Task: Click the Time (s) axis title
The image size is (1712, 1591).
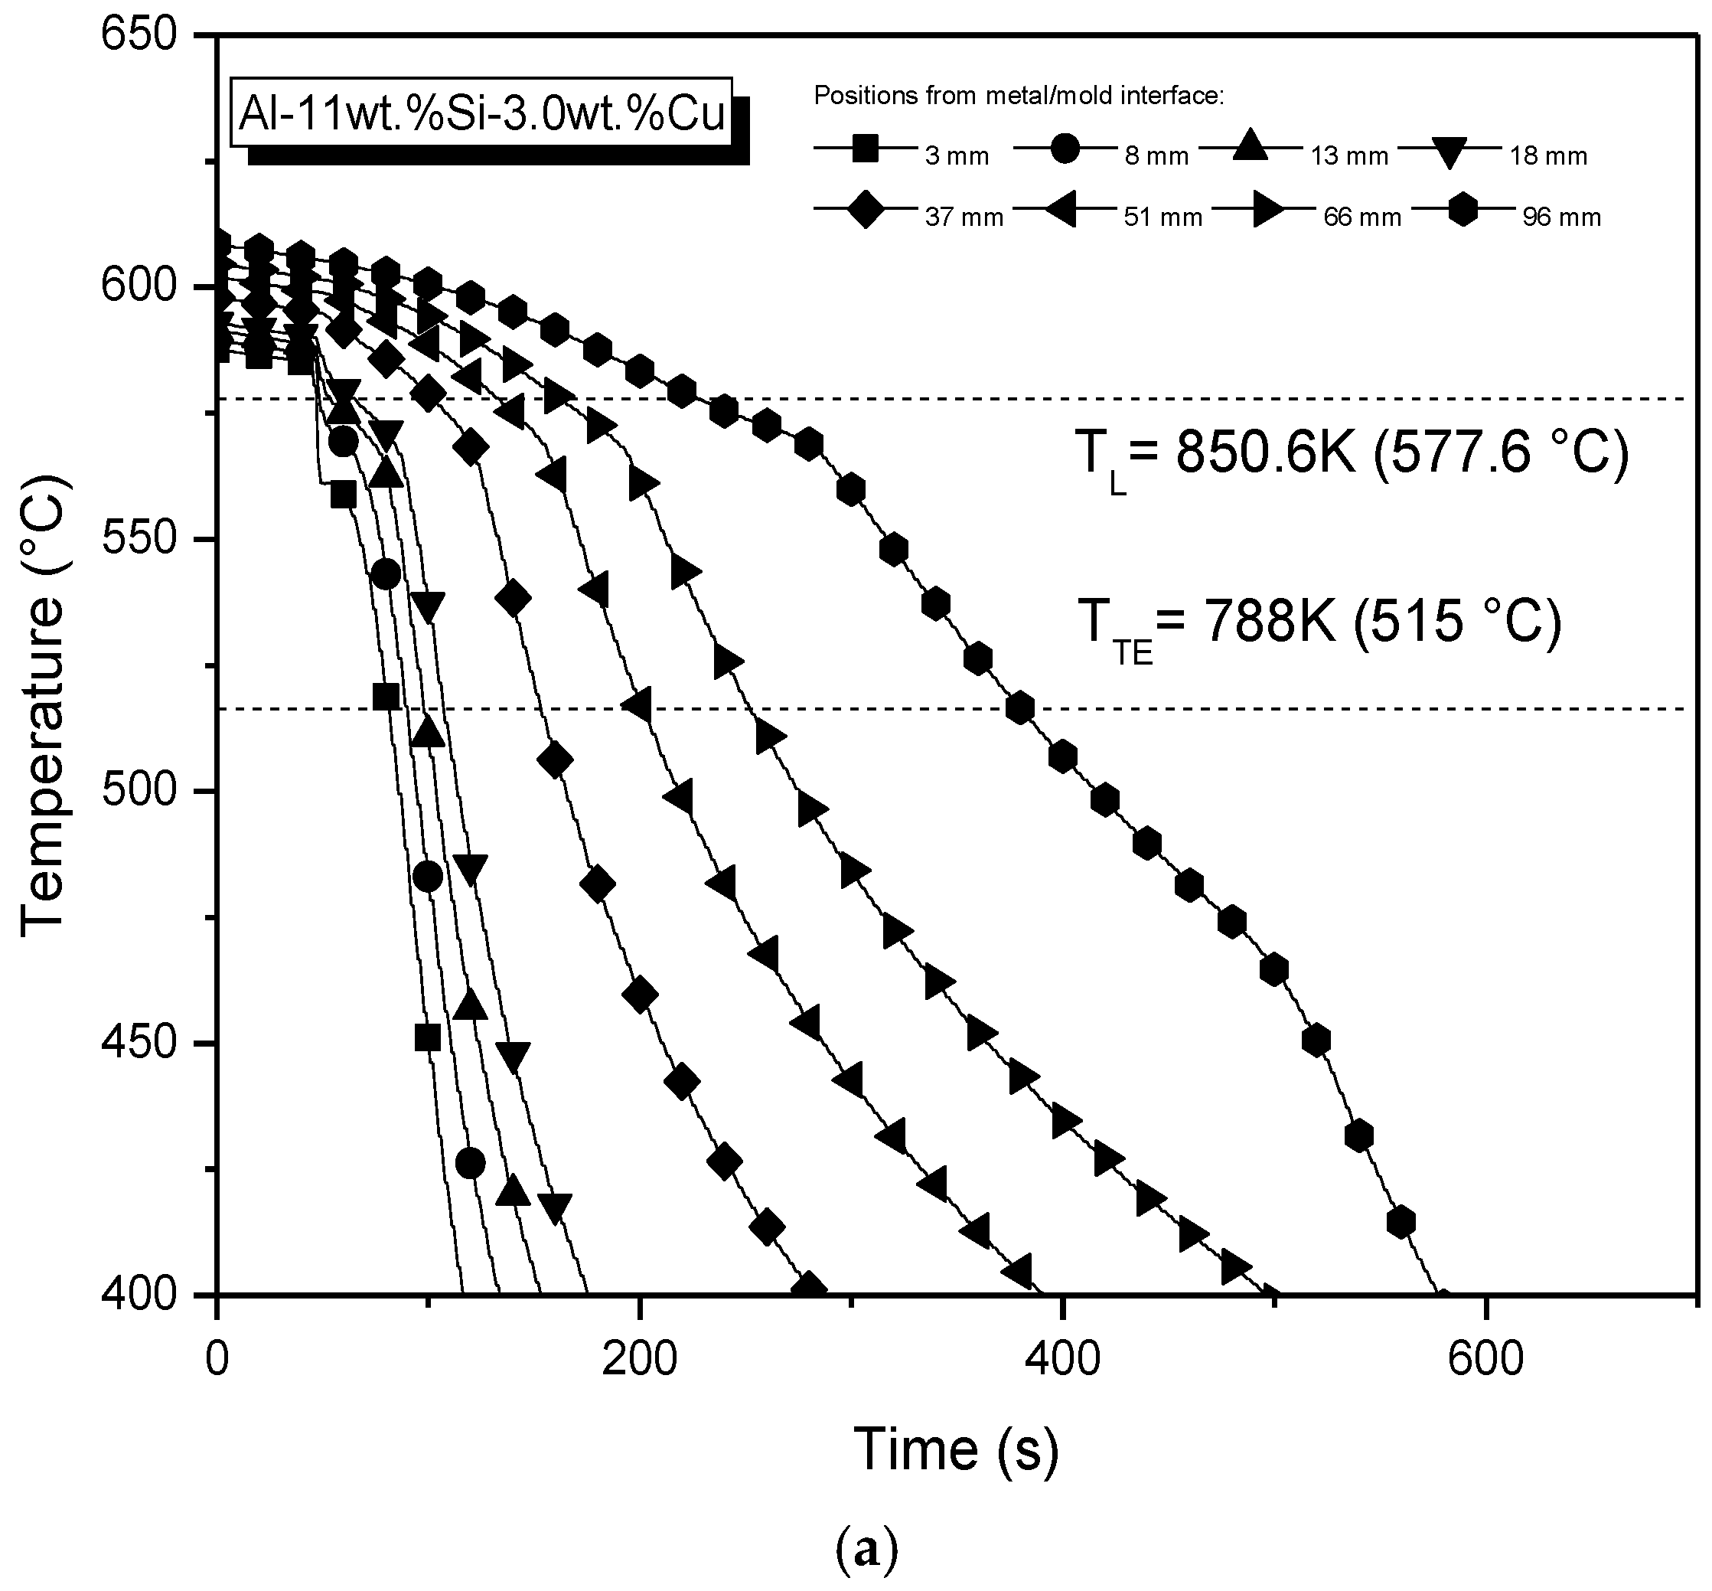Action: pos(955,1448)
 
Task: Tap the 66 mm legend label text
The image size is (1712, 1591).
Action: pos(1362,217)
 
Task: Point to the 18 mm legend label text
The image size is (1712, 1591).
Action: pos(1548,156)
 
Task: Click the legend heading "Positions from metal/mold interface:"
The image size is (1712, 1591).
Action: pos(1019,96)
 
